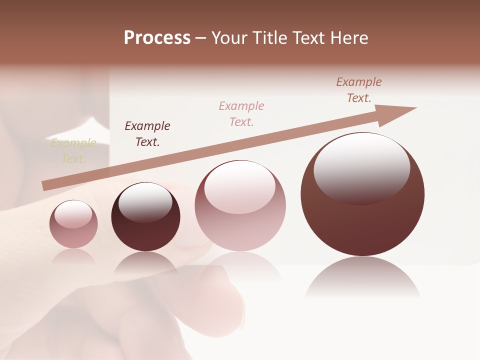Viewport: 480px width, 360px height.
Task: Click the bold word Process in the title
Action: click(157, 38)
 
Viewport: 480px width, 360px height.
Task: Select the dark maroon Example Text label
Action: click(147, 133)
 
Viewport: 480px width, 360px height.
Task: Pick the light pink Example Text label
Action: click(241, 113)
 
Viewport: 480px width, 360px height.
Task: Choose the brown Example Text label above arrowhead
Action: click(359, 90)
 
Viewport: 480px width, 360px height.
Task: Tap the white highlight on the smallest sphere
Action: click(73, 214)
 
